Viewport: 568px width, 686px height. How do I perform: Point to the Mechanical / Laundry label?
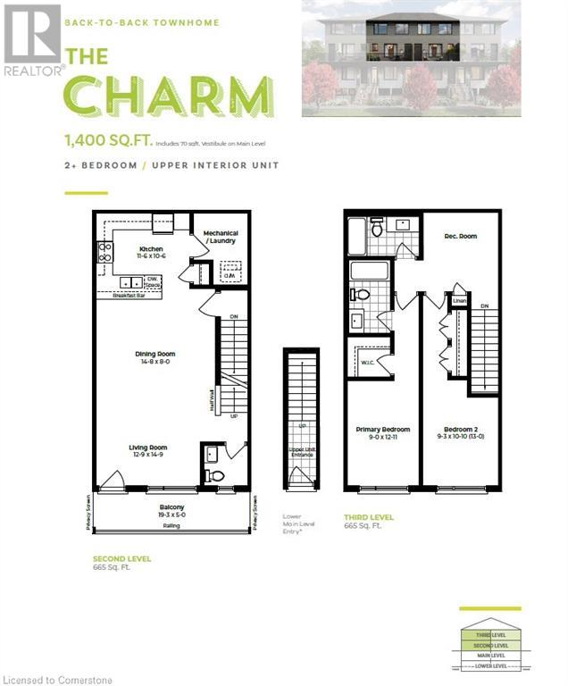click(x=221, y=238)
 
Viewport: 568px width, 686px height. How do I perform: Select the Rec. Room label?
click(x=460, y=236)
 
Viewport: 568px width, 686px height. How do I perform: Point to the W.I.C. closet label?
click(x=367, y=363)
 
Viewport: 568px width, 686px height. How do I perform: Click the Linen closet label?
click(x=459, y=301)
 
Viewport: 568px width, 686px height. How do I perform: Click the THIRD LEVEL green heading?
click(x=369, y=517)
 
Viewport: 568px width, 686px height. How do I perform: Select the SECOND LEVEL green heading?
click(x=121, y=558)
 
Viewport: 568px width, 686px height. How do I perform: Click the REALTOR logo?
click(x=32, y=40)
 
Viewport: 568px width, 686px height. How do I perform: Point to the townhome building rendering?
click(x=411, y=58)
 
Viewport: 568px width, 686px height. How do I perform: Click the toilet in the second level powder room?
click(x=214, y=476)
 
